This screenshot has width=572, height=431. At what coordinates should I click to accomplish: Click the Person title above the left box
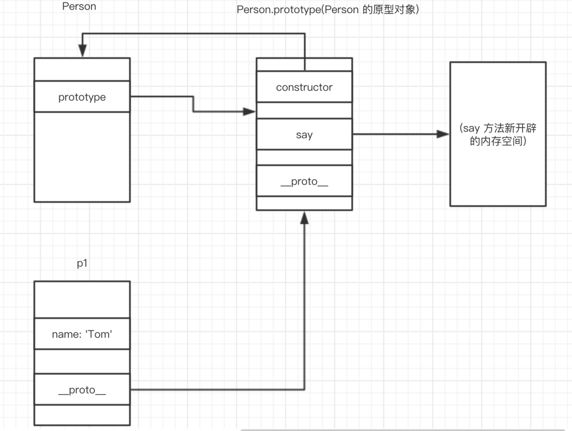pyautogui.click(x=79, y=7)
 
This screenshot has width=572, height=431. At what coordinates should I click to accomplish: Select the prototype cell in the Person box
pyautogui.click(x=82, y=97)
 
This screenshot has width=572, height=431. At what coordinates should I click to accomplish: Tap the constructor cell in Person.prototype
pyautogui.click(x=304, y=87)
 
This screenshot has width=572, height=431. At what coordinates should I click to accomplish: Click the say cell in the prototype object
pyautogui.click(x=304, y=135)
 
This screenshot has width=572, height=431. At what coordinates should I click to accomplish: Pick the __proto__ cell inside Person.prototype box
pyautogui.click(x=304, y=181)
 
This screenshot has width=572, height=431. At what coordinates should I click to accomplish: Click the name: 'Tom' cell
pyautogui.click(x=82, y=334)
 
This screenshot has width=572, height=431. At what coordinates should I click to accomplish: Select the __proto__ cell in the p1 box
pyautogui.click(x=82, y=390)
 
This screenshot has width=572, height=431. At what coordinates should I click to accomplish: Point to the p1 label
pyautogui.click(x=82, y=263)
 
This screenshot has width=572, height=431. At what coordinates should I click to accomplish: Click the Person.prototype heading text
pyautogui.click(x=328, y=10)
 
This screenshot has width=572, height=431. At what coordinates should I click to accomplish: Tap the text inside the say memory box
pyautogui.click(x=498, y=135)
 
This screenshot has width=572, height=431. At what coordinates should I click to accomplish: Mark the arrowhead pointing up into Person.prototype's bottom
pyautogui.click(x=304, y=218)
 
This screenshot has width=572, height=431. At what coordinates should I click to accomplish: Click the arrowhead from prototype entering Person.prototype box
pyautogui.click(x=249, y=112)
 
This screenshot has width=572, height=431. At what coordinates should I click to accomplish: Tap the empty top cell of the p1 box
pyautogui.click(x=82, y=299)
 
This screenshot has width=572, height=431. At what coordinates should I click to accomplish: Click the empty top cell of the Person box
pyautogui.click(x=82, y=69)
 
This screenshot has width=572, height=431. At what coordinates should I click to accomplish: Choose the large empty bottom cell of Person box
pyautogui.click(x=82, y=157)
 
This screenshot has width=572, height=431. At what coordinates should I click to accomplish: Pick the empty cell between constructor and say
pyautogui.click(x=304, y=110)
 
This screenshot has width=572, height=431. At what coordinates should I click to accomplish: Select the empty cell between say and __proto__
pyautogui.click(x=304, y=157)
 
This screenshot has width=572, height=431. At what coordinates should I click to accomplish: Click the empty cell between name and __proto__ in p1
pyautogui.click(x=82, y=361)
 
